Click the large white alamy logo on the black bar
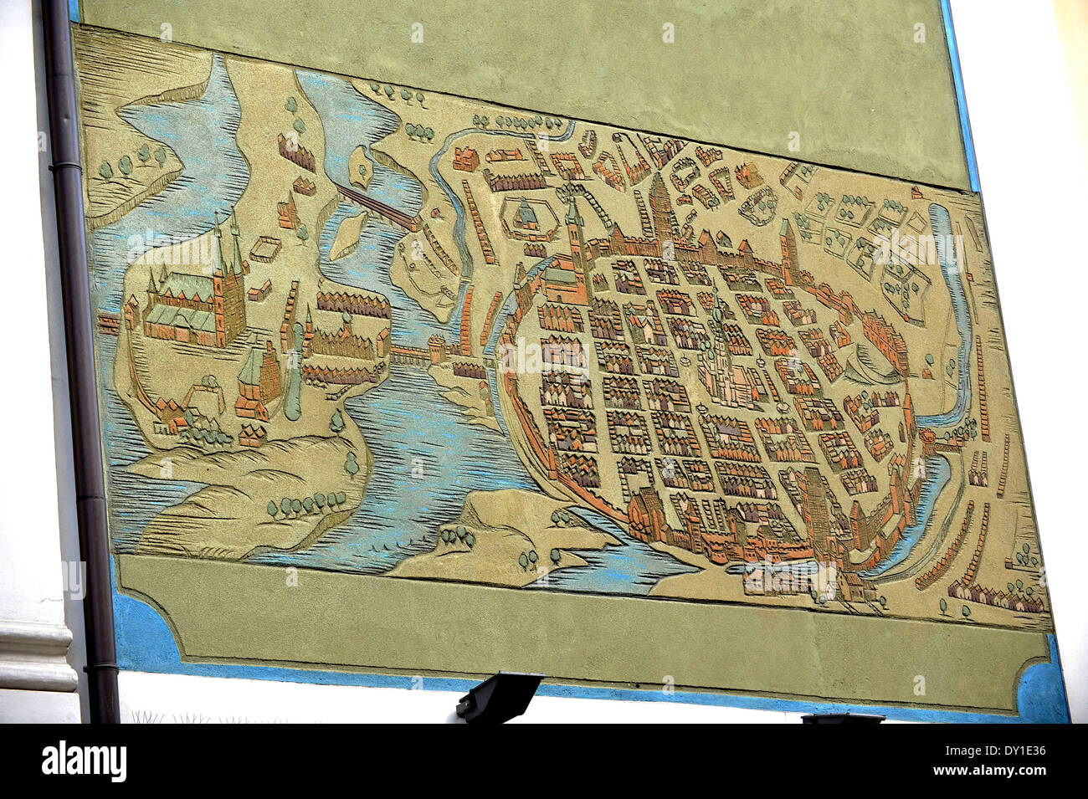click(x=84, y=761)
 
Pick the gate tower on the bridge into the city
click(x=437, y=348)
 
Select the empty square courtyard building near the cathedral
click(x=266, y=246)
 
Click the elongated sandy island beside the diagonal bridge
click(x=345, y=234)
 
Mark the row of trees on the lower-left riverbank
click(x=305, y=503)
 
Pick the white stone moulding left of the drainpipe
click(x=33, y=653)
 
